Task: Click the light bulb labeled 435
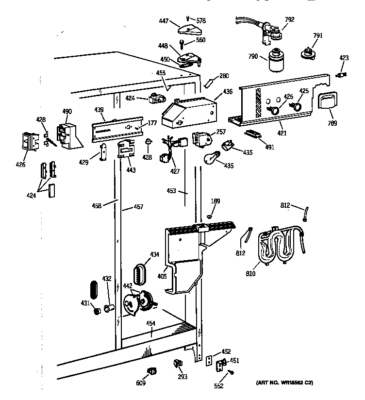(x=212, y=158)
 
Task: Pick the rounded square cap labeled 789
(x=329, y=102)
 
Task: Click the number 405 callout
(x=162, y=277)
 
